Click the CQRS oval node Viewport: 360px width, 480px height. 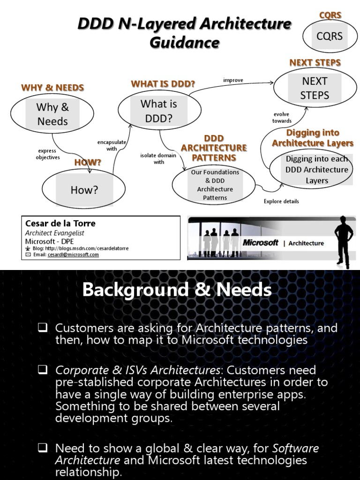tap(330, 36)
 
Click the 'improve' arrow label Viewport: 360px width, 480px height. tap(233, 80)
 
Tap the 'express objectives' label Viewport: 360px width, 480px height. tap(48, 154)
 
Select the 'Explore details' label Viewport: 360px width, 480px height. tap(281, 202)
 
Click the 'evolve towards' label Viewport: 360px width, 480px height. tap(281, 117)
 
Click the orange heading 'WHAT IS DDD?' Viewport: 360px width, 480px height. tap(163, 84)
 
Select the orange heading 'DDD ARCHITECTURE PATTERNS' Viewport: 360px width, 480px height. tap(214, 148)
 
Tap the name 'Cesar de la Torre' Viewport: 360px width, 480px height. tap(60, 224)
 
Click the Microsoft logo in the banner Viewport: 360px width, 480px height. tap(261, 243)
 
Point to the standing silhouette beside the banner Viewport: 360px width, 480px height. tap(344, 241)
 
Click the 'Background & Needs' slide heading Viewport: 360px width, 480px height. tap(177, 290)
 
